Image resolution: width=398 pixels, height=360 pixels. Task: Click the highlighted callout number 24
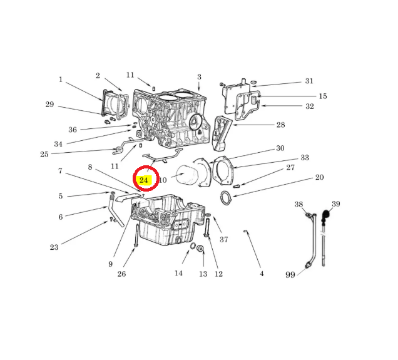pos(144,180)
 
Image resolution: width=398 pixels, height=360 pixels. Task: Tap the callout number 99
pos(290,275)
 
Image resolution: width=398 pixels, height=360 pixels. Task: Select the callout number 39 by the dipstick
pos(336,204)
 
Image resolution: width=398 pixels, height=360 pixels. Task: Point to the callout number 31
pos(309,81)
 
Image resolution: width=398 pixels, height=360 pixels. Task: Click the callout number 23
pos(54,247)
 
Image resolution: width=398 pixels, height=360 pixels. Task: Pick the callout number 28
pos(281,125)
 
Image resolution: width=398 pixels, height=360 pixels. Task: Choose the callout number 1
pos(61,80)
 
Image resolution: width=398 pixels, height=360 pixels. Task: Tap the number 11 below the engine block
pos(115,166)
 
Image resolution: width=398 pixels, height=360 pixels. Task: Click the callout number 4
pos(262,274)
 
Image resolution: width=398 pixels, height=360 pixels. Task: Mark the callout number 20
pos(320,177)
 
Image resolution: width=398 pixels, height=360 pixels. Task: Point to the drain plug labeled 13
pos(201,249)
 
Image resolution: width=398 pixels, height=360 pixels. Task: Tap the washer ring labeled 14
pos(193,246)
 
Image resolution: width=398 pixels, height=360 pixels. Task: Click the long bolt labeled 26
pos(137,235)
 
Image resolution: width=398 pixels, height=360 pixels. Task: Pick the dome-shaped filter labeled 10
pos(188,175)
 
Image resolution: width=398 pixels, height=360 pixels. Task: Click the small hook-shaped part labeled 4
pos(245,231)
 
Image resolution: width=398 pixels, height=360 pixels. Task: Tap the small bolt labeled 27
pos(236,186)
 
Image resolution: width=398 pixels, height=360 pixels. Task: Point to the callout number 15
pos(323,96)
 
